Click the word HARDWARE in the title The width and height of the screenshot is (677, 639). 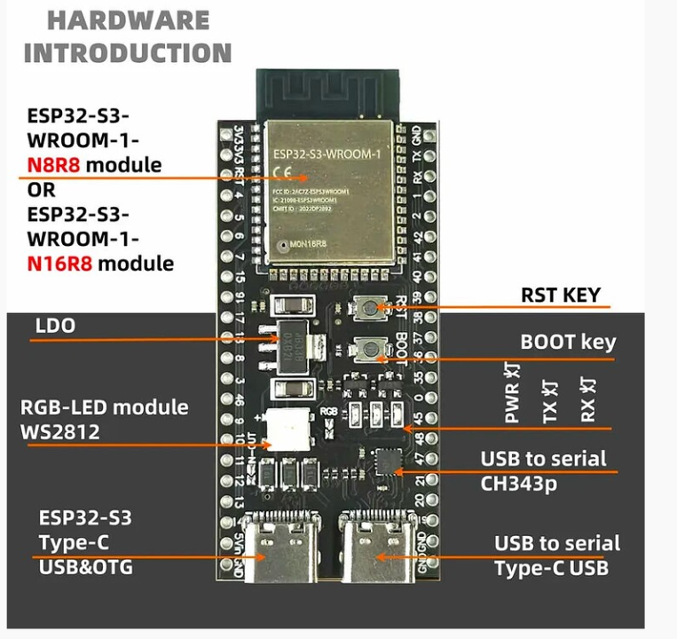[129, 20]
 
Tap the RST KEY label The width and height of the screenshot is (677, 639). [560, 296]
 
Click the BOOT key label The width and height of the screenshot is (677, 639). [567, 342]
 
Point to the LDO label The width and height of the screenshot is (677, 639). [55, 326]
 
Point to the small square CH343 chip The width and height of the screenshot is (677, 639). [388, 461]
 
